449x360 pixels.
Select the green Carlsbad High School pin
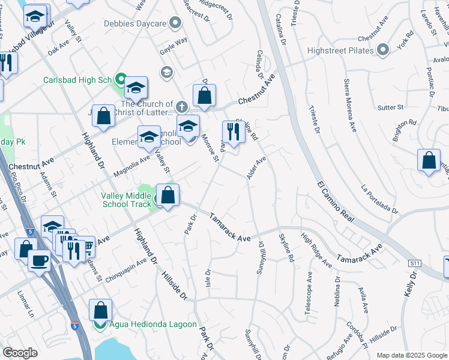[121, 79]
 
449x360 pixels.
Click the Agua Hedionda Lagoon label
[149, 325]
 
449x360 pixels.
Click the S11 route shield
[414, 263]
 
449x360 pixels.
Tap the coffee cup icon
[40, 261]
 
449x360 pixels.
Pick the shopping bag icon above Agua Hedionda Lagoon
[101, 310]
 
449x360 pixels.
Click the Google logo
[20, 353]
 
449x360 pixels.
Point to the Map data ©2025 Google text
[411, 355]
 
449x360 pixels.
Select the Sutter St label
[391, 108]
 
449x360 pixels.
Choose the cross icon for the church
[181, 107]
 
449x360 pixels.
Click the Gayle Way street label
[172, 43]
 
